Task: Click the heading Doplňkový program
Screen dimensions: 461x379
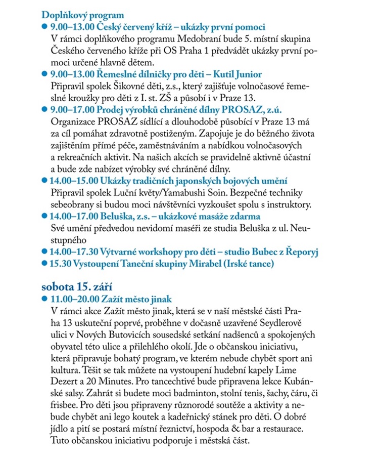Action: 82,16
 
